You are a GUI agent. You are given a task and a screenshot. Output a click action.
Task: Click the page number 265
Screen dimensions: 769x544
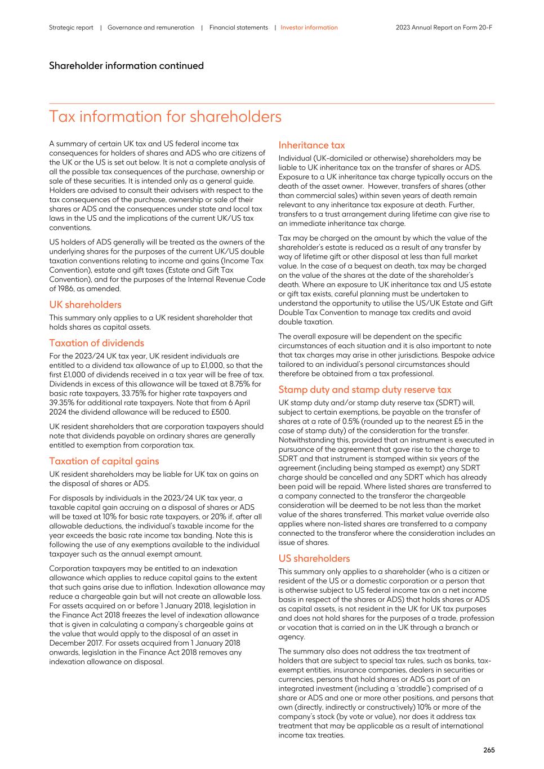[488, 750]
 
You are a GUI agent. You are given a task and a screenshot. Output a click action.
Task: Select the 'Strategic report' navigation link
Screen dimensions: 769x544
[71, 28]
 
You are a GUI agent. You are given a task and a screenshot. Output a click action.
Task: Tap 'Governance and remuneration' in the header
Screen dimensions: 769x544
[150, 28]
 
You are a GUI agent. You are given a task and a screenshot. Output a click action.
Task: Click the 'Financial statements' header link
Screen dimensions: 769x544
[238, 28]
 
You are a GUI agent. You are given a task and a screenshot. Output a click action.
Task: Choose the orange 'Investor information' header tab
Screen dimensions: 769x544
[309, 28]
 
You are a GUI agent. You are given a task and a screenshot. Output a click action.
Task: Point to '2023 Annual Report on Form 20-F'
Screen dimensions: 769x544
[444, 28]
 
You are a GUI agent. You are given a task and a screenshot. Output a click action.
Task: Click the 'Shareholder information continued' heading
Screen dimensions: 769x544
[126, 66]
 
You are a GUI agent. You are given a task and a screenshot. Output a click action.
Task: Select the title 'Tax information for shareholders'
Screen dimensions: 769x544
[165, 117]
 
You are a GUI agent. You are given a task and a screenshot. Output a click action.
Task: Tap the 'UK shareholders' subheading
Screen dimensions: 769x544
[85, 305]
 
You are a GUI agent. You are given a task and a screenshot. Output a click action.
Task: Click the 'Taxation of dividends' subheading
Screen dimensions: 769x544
[96, 343]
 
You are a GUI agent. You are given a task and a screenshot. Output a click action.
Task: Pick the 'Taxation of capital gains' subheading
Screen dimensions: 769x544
[104, 461]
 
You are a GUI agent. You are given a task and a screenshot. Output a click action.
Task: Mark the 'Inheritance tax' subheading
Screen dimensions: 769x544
[311, 145]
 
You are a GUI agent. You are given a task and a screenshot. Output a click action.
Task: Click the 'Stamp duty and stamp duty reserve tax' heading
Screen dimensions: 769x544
[364, 390]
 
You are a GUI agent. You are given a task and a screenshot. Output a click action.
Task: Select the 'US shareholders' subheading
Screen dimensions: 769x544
[314, 559]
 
